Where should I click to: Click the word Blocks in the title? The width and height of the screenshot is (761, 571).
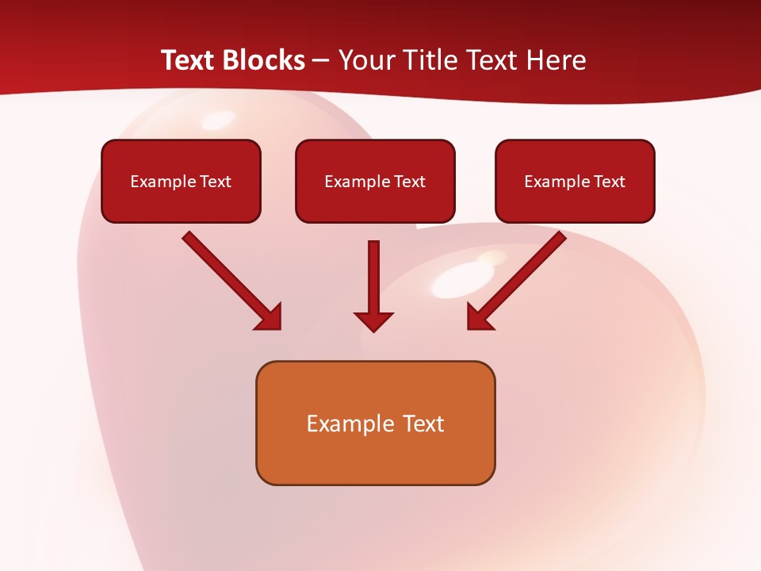tap(264, 60)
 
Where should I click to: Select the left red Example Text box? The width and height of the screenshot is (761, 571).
tap(181, 182)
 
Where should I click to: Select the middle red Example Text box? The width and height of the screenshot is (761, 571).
tap(375, 182)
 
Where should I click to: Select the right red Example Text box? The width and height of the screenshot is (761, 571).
tap(575, 182)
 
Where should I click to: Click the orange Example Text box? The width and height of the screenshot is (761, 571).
tap(375, 423)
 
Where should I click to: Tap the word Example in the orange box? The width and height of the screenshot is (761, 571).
tap(340, 424)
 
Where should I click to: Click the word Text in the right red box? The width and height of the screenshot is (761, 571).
tap(610, 182)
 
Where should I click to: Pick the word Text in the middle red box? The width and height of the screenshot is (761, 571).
tap(410, 182)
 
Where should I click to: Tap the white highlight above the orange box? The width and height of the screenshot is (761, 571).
tap(459, 279)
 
